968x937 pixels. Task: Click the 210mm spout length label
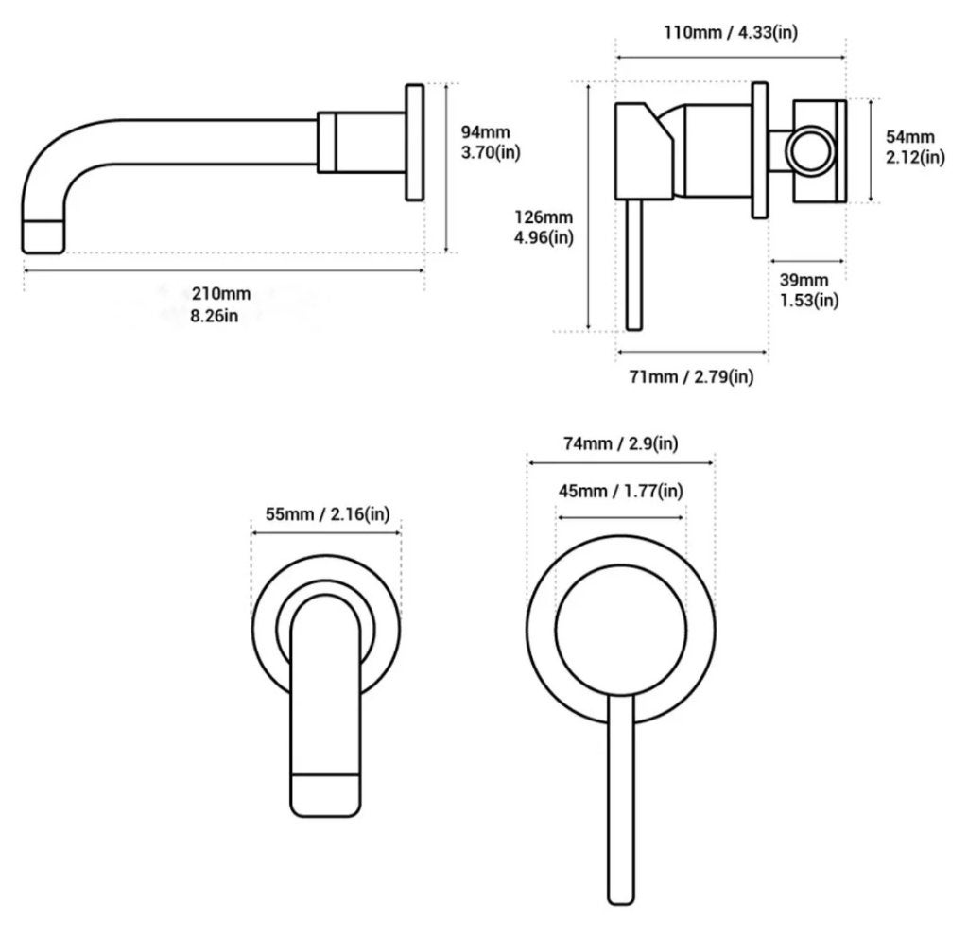click(220, 293)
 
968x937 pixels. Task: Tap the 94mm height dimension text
click(485, 131)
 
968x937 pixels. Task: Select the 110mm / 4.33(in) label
click(731, 32)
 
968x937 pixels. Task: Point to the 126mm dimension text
click(544, 217)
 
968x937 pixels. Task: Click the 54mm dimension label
click(910, 136)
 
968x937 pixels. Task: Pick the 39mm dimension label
click(804, 280)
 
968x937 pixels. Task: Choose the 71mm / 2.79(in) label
click(691, 376)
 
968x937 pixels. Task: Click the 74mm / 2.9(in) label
click(620, 443)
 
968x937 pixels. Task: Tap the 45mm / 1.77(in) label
click(620, 491)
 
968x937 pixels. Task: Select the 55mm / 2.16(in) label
click(327, 514)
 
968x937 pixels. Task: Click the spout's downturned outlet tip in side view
click(43, 236)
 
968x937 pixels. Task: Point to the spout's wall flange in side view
click(415, 143)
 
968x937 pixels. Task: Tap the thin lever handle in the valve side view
click(634, 265)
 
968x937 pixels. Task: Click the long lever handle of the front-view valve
click(621, 799)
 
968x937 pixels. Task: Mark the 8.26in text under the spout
click(215, 316)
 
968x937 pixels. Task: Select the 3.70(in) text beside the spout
click(491, 152)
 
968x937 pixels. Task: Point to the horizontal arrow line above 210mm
click(224, 269)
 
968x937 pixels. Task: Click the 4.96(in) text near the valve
click(544, 237)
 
